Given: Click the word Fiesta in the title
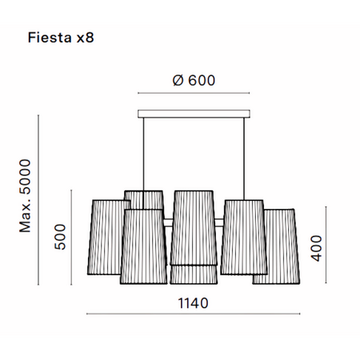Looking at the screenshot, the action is (50, 38).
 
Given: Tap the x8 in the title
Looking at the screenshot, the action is (86, 38).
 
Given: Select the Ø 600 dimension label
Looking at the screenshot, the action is (194, 80).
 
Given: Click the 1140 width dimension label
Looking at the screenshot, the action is (193, 303).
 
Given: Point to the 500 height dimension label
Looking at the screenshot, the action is (60, 237).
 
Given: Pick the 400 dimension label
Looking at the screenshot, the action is (317, 248).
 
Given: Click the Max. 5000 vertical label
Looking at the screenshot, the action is (26, 196).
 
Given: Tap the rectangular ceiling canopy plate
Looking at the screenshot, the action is (194, 114).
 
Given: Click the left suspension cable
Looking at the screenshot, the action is (144, 163).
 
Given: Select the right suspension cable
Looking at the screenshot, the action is (244, 159).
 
